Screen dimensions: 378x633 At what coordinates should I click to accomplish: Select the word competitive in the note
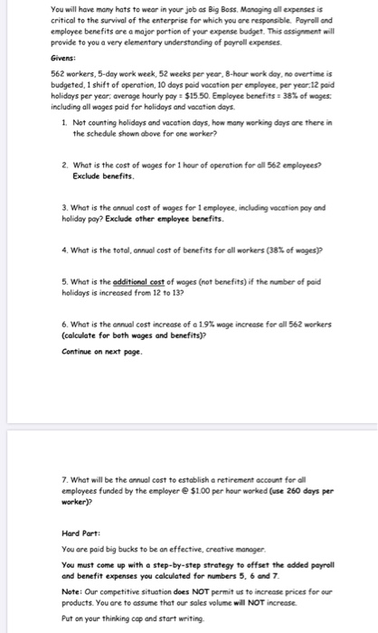[122, 590]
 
